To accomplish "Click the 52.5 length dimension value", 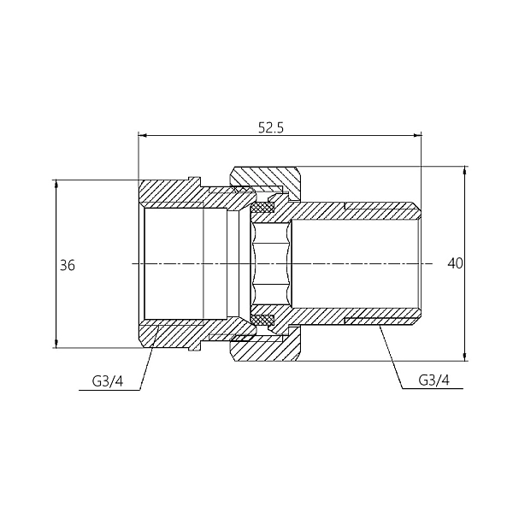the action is (x=271, y=127).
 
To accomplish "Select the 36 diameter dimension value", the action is (x=68, y=265).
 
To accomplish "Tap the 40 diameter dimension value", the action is (x=455, y=263).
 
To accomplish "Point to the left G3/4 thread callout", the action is (x=108, y=381).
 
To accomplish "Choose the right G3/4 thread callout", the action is (x=433, y=380).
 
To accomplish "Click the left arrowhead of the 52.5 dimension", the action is (x=142, y=135).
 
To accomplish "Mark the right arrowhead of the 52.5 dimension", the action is (x=417, y=135).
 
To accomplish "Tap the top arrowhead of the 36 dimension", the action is (x=56, y=184).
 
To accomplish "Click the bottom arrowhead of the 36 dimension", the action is (x=56, y=344).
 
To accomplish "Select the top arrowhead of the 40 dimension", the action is (x=464, y=170).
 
